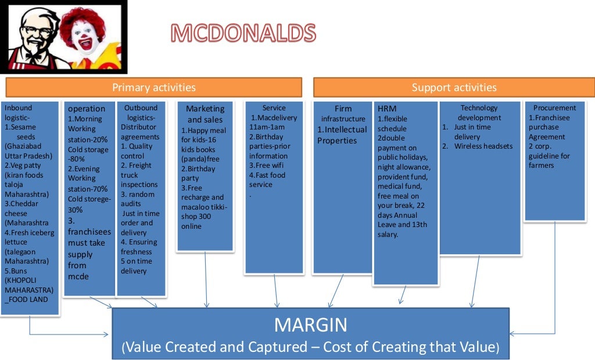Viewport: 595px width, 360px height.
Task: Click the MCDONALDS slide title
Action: coord(243,33)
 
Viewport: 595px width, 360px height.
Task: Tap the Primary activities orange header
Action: coord(153,88)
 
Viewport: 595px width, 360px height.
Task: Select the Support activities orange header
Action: coord(454,88)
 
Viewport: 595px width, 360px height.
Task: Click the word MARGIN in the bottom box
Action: coord(310,325)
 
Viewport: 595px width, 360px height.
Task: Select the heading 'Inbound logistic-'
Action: coord(19,112)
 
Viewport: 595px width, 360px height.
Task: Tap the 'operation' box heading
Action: coord(87,109)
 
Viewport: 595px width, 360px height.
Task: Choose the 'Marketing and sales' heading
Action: coord(205,114)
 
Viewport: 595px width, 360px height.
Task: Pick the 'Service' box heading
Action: coord(274,108)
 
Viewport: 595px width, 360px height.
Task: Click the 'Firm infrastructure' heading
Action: coord(343,114)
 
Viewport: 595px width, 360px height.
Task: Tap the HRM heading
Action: coord(387,109)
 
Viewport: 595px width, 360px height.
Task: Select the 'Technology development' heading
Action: coord(479,112)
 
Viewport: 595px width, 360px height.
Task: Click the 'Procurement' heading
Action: coord(554,107)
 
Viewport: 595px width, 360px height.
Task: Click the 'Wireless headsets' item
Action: coord(483,146)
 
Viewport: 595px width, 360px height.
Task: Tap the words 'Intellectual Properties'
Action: coord(342,135)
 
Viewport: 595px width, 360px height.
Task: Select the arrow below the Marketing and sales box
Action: coord(206,278)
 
